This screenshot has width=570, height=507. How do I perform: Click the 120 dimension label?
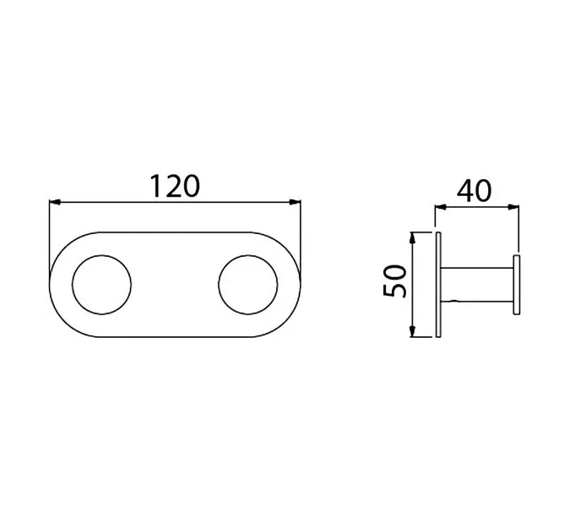point(175,186)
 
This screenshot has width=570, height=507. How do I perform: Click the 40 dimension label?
point(474,191)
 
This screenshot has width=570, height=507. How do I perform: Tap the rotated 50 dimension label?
point(395,281)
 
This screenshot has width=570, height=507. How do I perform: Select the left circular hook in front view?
point(102,285)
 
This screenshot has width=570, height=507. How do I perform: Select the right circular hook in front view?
point(248,285)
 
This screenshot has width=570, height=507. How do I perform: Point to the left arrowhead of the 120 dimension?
point(55,202)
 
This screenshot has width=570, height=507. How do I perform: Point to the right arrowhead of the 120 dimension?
point(295,202)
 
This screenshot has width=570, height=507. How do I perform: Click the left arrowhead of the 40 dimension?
point(441,207)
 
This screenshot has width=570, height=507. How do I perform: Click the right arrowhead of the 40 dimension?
point(513,207)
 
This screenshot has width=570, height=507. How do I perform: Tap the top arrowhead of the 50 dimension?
point(412,237)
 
